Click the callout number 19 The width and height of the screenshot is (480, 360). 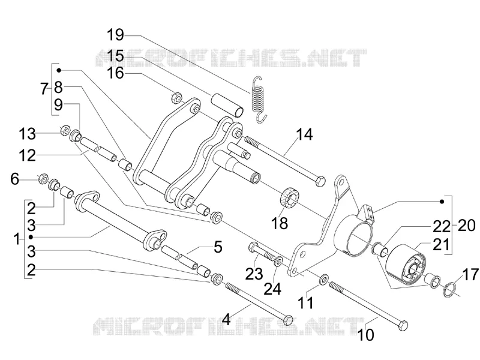[115, 35]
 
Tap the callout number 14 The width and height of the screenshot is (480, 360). [304, 134]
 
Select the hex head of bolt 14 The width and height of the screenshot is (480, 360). [320, 181]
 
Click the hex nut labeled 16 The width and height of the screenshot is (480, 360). [176, 97]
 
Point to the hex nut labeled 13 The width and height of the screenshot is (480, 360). [65, 130]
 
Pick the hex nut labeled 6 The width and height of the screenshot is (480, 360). [43, 178]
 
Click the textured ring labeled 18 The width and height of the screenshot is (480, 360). [290, 197]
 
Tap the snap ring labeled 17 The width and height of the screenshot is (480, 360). [449, 289]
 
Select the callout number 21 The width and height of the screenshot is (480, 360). [442, 244]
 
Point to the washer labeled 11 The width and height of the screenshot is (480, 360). [323, 279]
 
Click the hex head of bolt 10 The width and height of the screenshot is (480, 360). [403, 325]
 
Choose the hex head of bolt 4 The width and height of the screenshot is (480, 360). [288, 320]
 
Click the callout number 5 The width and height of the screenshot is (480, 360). [218, 247]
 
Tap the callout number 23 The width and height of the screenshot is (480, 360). [254, 274]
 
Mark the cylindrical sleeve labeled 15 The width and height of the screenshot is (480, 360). [227, 104]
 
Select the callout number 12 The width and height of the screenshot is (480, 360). [27, 155]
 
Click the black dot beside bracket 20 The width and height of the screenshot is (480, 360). [442, 202]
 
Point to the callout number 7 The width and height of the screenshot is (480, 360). [44, 89]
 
